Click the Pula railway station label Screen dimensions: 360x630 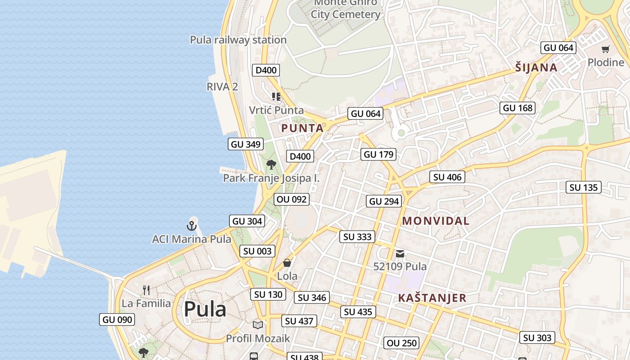point(238,40)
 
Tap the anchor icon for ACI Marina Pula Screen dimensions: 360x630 point(192,225)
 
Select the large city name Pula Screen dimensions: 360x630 point(205,309)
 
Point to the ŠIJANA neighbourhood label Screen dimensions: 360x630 point(536,68)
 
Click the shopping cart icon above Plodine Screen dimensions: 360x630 point(606,49)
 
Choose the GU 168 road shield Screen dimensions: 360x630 point(517,108)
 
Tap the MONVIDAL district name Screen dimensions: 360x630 point(436,221)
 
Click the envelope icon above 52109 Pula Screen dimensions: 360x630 point(400,254)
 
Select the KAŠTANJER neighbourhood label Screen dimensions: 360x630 point(432,298)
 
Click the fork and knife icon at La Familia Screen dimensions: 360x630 point(146,290)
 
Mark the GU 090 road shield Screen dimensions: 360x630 point(117,319)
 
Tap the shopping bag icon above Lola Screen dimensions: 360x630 point(287,263)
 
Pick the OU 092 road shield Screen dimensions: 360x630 point(292,199)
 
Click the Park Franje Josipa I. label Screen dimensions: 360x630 point(271,178)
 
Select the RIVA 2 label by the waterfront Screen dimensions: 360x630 point(222,87)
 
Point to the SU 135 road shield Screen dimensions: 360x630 point(584,188)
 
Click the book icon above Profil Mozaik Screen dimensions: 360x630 point(258,325)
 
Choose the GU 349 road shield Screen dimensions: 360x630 point(245,144)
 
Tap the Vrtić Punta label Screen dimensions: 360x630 point(276,110)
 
